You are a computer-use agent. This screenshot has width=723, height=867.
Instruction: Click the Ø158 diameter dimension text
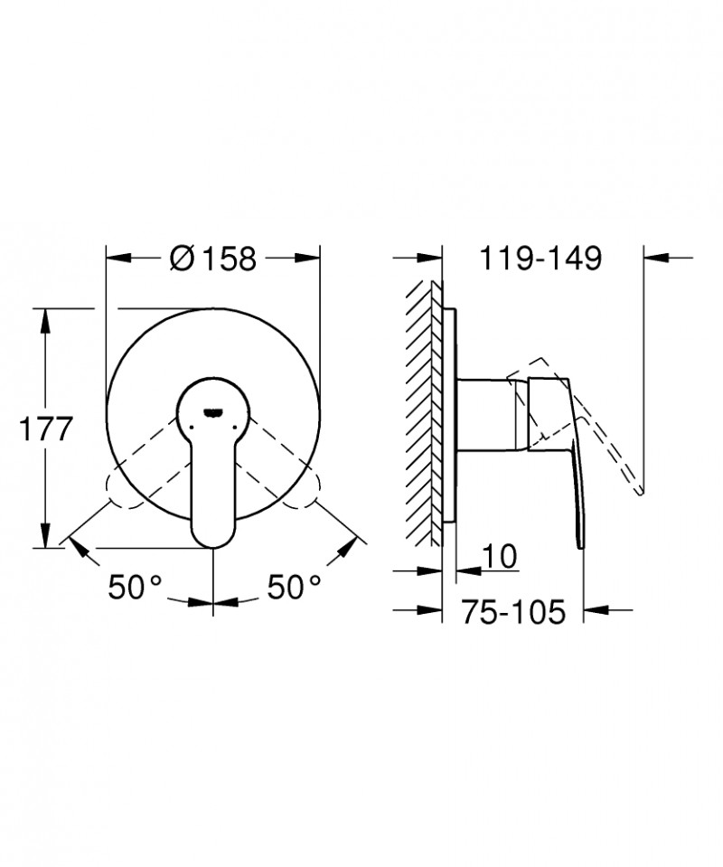pos(214,259)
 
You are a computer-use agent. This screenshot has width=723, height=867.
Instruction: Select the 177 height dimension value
pos(45,429)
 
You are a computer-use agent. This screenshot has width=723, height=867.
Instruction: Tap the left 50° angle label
pos(134,588)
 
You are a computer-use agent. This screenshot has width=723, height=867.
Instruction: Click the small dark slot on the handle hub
pos(213,412)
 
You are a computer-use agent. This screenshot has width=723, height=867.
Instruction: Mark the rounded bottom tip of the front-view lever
pos(213,539)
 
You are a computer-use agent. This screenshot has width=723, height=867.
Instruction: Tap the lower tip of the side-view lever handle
pos(578,542)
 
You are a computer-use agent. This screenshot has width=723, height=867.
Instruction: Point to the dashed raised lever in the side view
pos(606,434)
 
